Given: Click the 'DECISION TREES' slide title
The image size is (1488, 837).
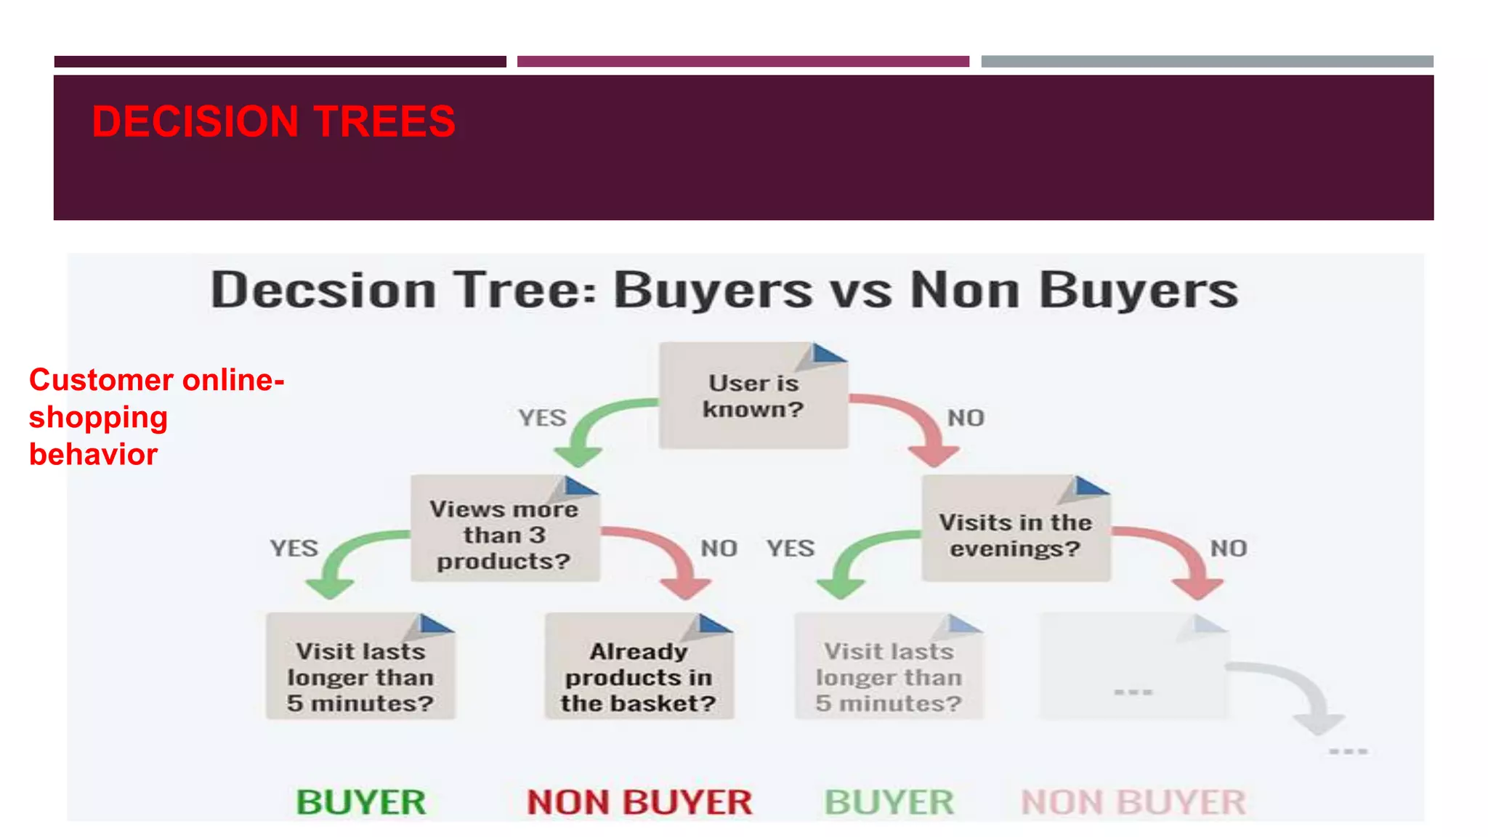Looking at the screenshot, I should (273, 121).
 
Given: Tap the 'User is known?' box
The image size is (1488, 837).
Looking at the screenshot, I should (753, 397).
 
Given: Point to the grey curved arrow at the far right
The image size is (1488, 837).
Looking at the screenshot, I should (1301, 694).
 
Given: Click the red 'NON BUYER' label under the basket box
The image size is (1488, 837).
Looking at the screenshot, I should (639, 802).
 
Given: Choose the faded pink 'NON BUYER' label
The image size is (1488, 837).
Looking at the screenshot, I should (1133, 802).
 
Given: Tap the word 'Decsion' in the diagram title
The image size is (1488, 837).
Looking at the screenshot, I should (323, 291).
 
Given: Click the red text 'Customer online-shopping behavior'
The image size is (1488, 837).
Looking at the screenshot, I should (155, 417).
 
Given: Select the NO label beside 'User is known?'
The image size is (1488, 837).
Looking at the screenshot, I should (966, 418).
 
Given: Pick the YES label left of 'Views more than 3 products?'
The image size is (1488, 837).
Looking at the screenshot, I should (294, 548).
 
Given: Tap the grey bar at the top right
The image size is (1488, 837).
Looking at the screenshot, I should (1207, 62).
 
